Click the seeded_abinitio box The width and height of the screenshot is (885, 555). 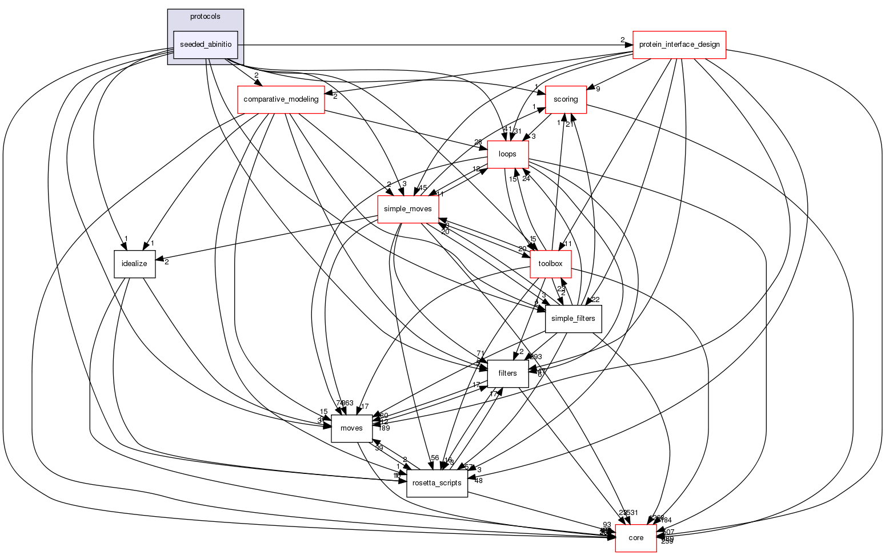point(206,45)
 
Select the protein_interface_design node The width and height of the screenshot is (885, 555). point(679,45)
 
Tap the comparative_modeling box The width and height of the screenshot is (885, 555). point(281,99)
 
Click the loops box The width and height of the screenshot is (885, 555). point(507,154)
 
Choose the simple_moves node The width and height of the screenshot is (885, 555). point(407,209)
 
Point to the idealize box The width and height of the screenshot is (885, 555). point(135,264)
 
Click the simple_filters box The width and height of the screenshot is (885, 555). point(574,319)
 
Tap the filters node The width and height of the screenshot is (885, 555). point(507,373)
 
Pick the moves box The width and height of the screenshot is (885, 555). point(351,428)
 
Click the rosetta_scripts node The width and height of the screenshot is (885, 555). point(437,483)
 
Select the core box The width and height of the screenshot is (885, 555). point(635,538)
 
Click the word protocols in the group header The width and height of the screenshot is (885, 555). point(205,17)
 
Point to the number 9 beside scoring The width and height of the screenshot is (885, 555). point(598,89)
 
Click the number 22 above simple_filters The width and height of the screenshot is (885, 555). point(595,300)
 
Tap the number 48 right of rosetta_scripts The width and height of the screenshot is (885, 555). point(479,480)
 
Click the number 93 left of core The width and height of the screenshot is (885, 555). point(607,525)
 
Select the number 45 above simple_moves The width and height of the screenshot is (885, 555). point(422,188)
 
